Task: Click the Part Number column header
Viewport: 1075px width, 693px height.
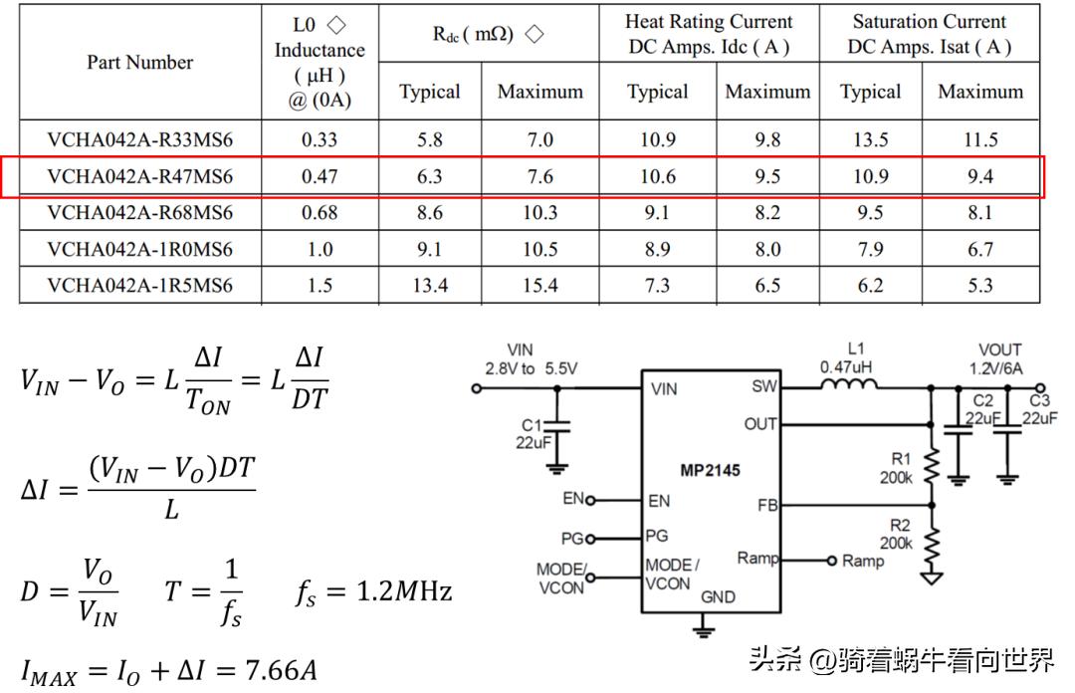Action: [139, 62]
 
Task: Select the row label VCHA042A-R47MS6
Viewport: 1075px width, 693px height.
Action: [139, 177]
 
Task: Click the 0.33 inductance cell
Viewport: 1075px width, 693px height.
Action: [319, 140]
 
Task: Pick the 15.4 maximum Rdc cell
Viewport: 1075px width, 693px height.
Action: [539, 286]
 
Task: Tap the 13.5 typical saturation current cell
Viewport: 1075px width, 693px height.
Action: [870, 140]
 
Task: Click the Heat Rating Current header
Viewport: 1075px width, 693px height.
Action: [709, 33]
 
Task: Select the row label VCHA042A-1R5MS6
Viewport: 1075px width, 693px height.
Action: [139, 286]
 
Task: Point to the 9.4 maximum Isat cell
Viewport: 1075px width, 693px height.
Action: [979, 177]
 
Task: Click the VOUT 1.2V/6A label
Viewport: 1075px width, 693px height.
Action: [998, 358]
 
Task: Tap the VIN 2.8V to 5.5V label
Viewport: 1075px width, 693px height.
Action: [530, 358]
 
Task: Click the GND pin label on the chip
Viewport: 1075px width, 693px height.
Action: [718, 596]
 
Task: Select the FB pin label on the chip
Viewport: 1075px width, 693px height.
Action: [766, 505]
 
